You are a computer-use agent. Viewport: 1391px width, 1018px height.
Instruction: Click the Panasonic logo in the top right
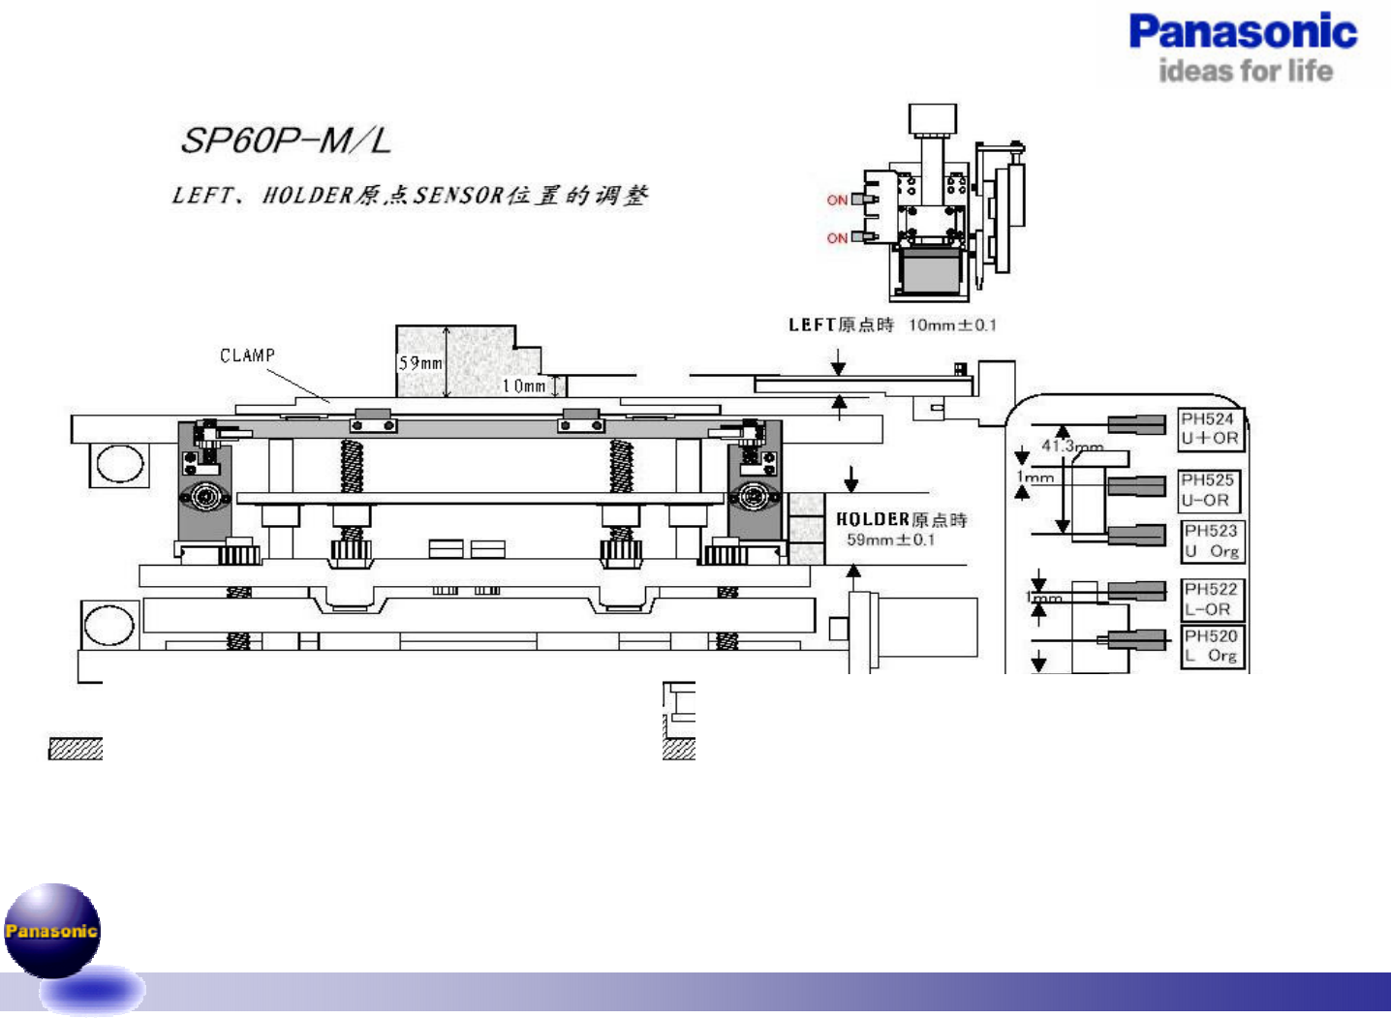point(1243,32)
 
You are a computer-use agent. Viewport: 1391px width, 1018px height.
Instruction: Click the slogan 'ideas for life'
point(1245,72)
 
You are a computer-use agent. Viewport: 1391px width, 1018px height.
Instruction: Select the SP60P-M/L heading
point(286,141)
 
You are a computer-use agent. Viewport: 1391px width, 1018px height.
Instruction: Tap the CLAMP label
point(247,355)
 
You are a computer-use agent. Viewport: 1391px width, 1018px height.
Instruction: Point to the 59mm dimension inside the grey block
point(419,363)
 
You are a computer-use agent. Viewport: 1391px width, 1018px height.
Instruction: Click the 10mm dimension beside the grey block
point(523,386)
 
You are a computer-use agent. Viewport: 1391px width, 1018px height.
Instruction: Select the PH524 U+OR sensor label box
point(1209,428)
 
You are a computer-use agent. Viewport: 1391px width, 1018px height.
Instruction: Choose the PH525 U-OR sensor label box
point(1209,490)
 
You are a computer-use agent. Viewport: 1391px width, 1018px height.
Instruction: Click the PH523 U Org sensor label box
point(1211,541)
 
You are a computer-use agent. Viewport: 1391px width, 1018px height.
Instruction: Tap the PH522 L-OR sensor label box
point(1211,600)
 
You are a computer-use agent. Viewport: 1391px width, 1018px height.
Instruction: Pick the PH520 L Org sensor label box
point(1211,646)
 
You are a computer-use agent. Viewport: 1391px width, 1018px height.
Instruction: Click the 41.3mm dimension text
point(1072,446)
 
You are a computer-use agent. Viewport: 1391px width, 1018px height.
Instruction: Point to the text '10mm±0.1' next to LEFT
point(952,325)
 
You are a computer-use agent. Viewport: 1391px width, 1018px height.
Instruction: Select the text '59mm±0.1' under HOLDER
point(890,540)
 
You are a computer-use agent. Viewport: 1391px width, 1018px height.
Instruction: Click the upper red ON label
point(837,201)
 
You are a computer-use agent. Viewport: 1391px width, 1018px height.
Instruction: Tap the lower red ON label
point(837,238)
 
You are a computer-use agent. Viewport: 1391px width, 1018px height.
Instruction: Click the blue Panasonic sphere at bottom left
point(52,930)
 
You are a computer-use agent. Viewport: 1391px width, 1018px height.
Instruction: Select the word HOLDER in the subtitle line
point(307,196)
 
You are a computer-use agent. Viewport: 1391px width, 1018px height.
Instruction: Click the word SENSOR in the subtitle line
point(458,196)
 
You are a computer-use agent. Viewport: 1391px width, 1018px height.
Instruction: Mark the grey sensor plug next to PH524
point(1136,424)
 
